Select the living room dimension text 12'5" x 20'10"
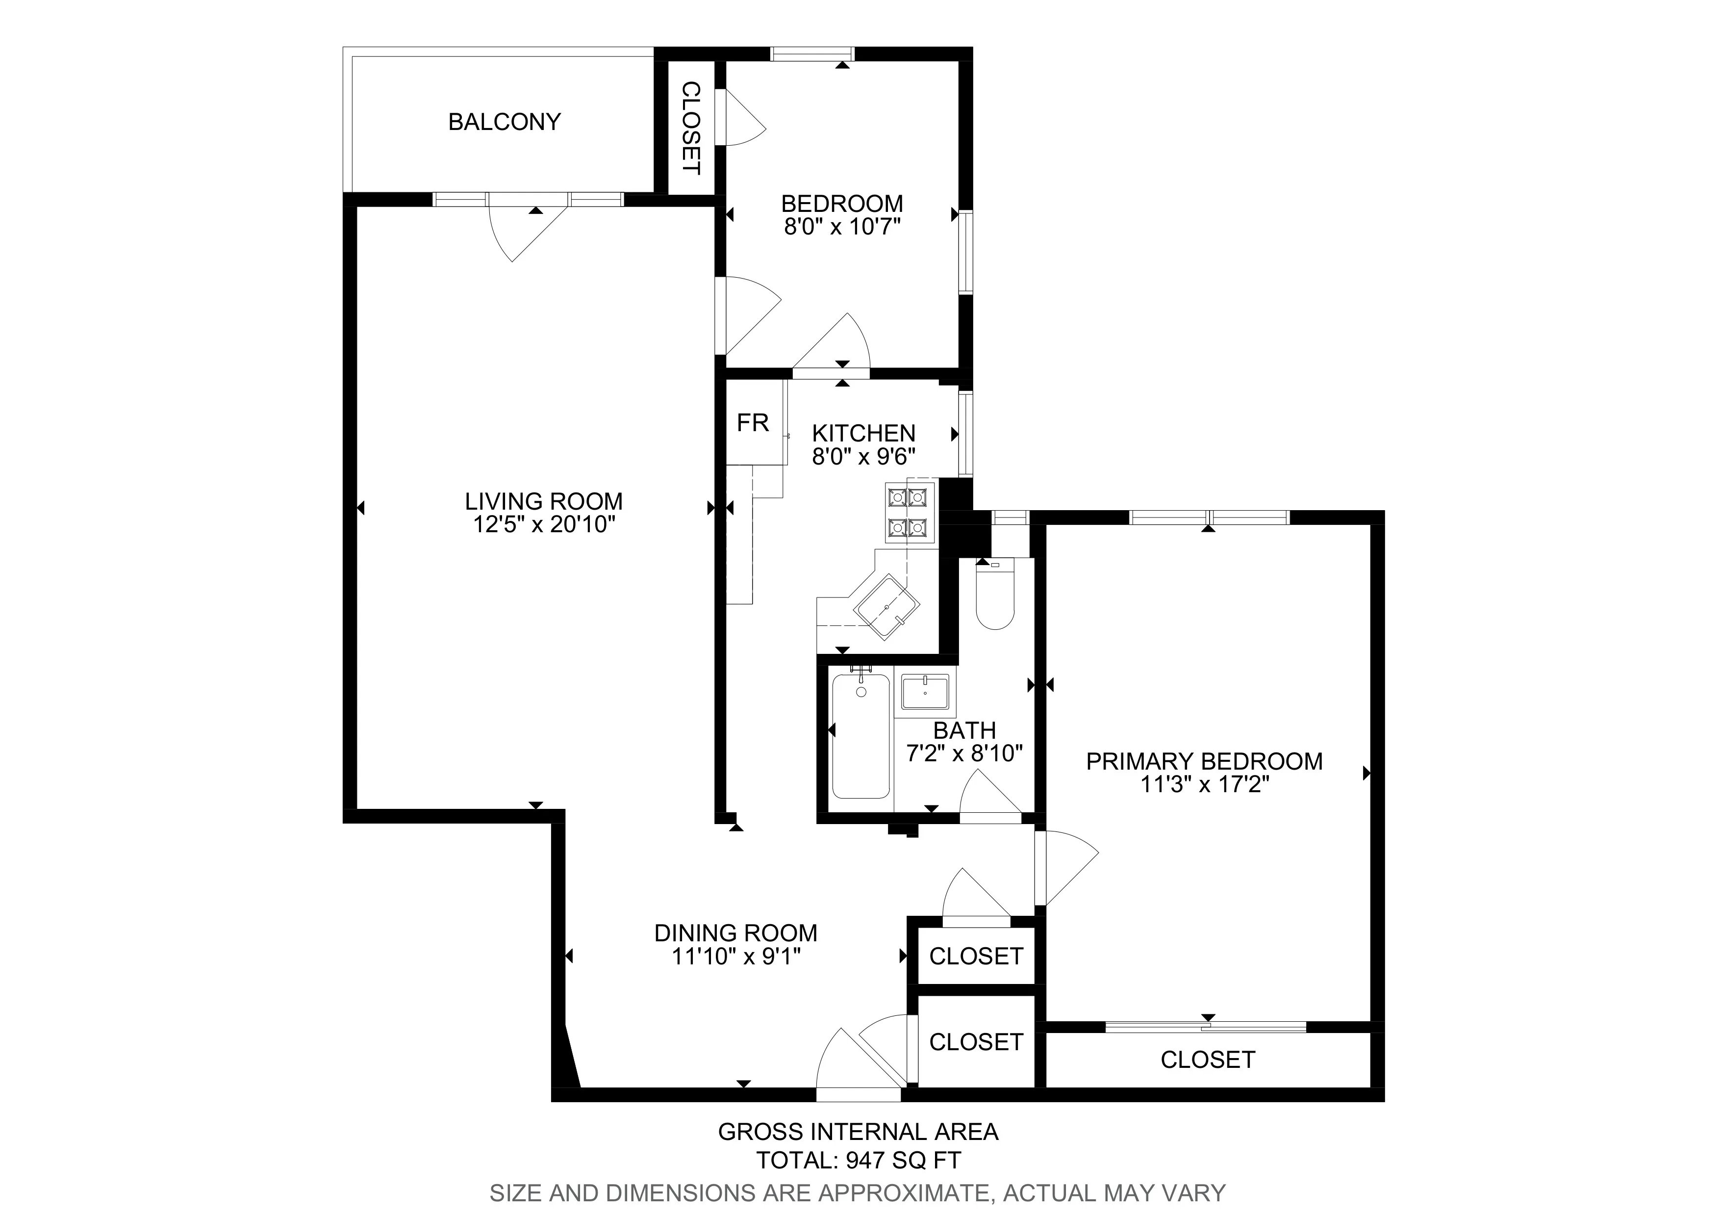[544, 524]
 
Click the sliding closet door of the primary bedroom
[1206, 1027]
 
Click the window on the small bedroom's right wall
[966, 252]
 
